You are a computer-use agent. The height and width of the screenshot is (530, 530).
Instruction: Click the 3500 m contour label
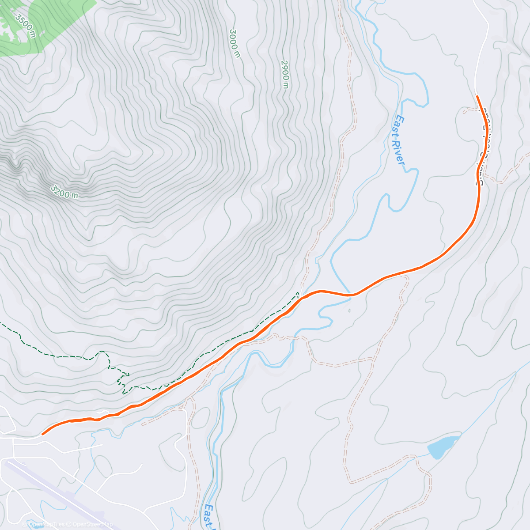(25, 26)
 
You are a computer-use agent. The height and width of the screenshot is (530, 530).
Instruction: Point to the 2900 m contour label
(285, 74)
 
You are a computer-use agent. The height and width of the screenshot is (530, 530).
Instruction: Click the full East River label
(399, 140)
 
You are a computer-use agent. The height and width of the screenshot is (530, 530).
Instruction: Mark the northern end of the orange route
(477, 96)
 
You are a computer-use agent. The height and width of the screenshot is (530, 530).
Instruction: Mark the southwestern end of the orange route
(43, 434)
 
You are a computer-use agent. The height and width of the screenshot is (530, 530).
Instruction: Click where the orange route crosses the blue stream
(350, 295)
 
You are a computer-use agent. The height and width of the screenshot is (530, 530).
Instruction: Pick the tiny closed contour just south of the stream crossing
(349, 310)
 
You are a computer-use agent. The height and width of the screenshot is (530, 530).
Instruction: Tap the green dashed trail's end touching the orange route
(299, 294)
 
